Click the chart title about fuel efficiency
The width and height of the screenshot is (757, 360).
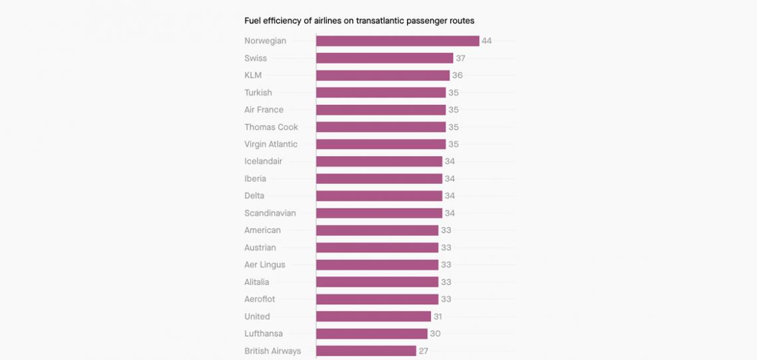[359, 21]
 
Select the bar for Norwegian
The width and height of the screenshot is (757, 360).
[397, 41]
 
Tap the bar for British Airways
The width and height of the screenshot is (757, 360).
[366, 351]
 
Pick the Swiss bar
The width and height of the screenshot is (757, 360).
[384, 58]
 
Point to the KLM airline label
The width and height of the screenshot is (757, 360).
[253, 76]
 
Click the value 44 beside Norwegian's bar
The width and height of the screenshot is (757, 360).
[487, 41]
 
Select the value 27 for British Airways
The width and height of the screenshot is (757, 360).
[424, 351]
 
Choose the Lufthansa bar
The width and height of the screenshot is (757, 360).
[371, 333]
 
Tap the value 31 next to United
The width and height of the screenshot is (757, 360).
[437, 317]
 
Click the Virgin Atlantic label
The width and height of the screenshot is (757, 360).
[271, 144]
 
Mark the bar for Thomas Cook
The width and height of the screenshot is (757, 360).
[380, 127]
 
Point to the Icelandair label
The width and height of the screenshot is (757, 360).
[263, 161]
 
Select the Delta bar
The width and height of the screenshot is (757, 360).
[378, 196]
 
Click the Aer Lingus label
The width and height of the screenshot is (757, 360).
[265, 265]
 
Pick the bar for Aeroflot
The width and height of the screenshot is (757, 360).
[377, 299]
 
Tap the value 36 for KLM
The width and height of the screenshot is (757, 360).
[458, 76]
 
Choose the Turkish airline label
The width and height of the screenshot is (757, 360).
[258, 93]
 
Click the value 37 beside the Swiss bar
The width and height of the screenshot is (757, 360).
[461, 58]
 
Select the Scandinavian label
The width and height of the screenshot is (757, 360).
[270, 213]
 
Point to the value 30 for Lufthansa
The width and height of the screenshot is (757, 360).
[435, 333]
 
